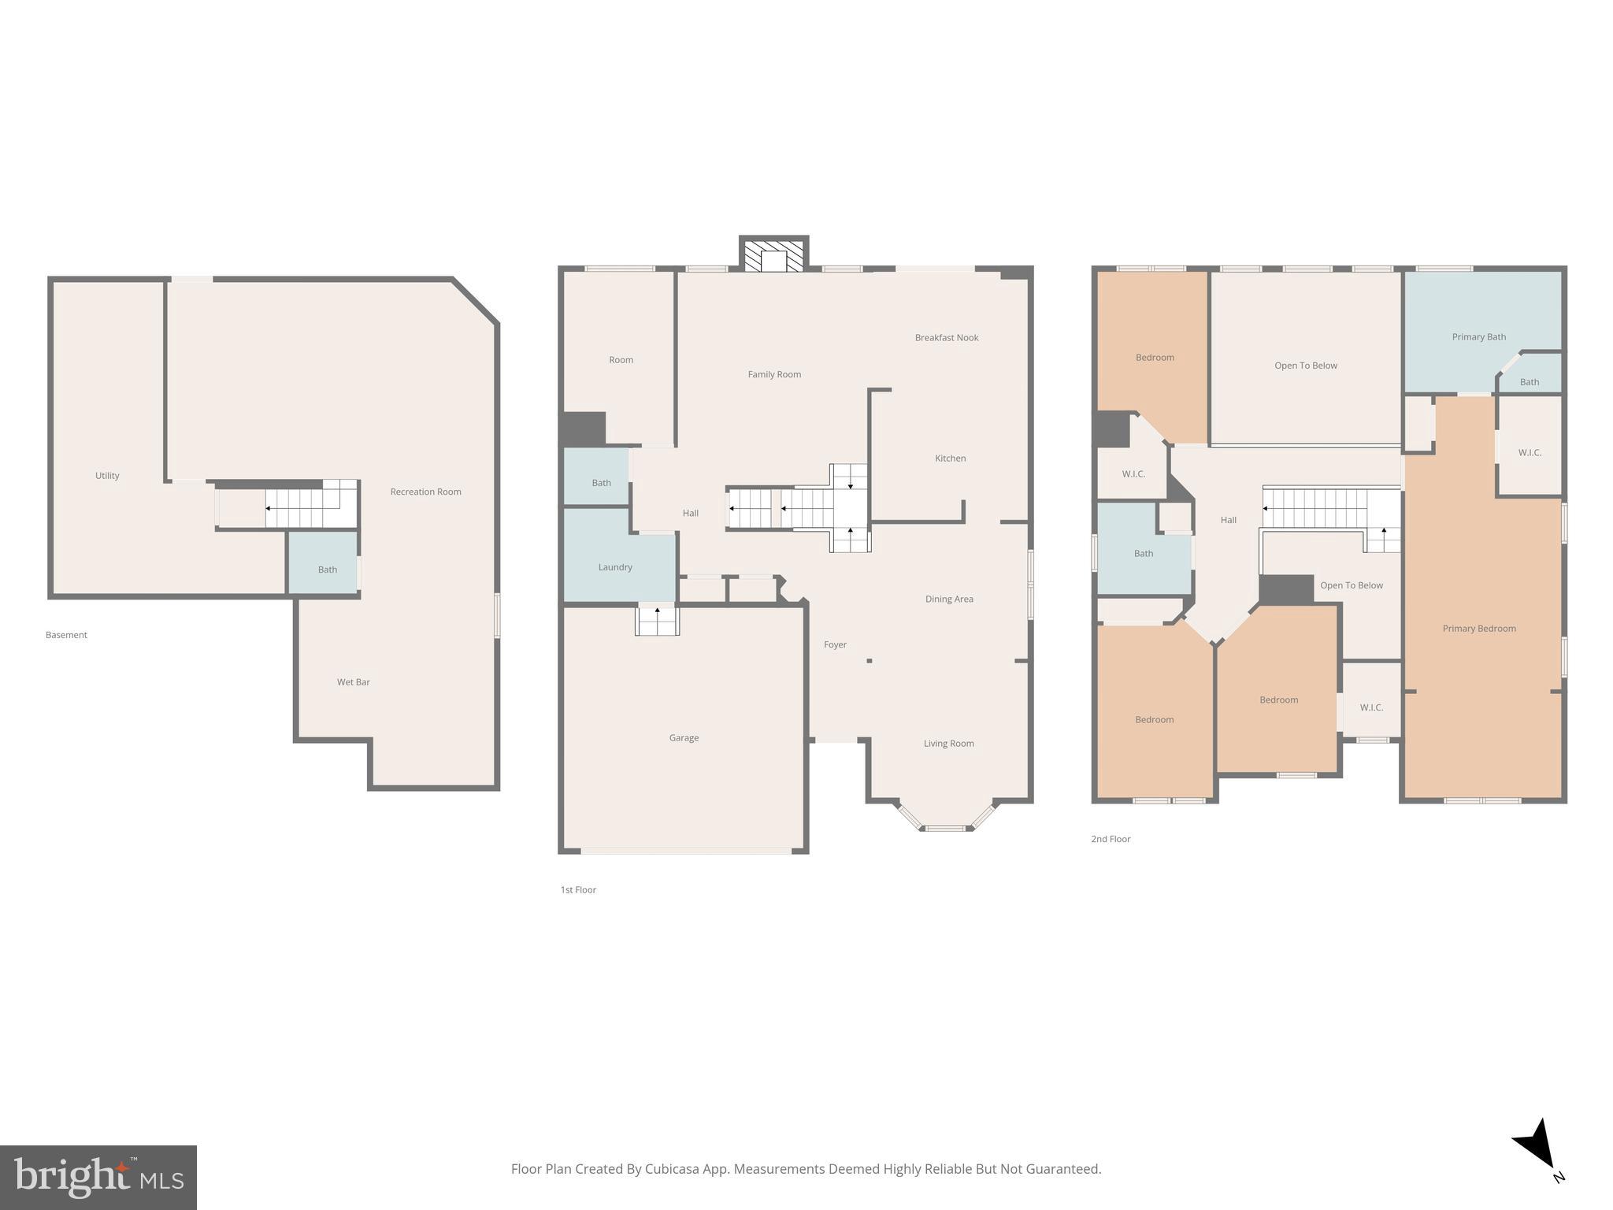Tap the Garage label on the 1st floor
[x=684, y=738]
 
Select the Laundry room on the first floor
[x=615, y=566]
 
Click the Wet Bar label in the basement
[x=353, y=682]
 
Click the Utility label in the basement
[x=107, y=476]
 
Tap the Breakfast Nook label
[x=946, y=338]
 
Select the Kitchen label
[x=950, y=458]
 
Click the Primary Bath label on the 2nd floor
[x=1478, y=337]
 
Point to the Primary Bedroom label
[x=1478, y=629]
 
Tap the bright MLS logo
[x=98, y=1177]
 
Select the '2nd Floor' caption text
[x=1110, y=839]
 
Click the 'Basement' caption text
[x=66, y=635]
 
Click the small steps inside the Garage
[x=657, y=620]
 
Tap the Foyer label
[x=835, y=645]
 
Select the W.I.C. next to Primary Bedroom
[x=1529, y=451]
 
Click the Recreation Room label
[x=425, y=492]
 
